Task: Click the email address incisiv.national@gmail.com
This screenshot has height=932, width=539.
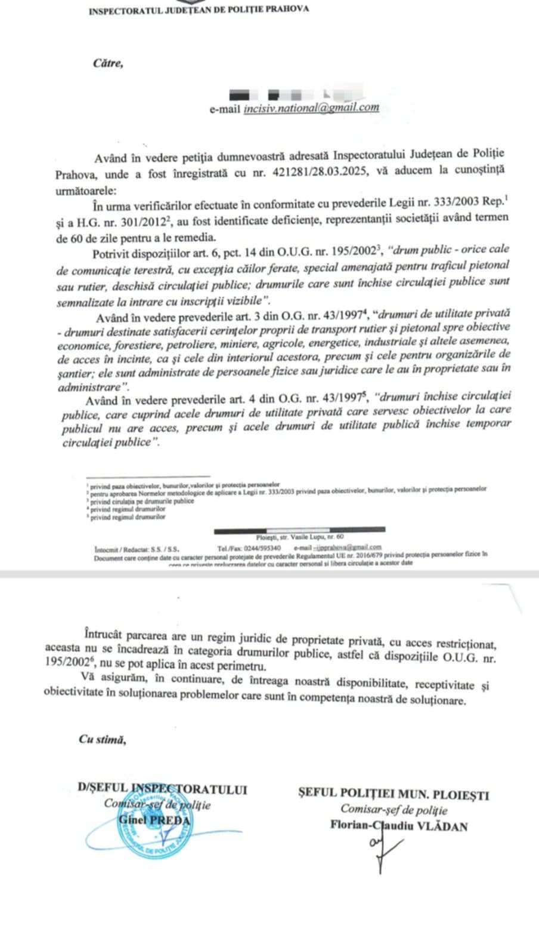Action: pos(311,108)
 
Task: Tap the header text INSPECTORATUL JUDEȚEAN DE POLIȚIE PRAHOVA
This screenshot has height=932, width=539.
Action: pos(199,10)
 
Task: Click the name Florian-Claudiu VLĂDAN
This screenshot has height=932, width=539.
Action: pos(398,826)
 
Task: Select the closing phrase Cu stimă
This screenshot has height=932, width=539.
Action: pos(103,739)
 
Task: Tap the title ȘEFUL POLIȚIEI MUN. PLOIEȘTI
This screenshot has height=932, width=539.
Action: pos(394,795)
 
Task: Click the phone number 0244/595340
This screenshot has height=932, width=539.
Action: pos(261,547)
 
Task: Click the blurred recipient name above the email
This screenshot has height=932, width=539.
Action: pos(286,94)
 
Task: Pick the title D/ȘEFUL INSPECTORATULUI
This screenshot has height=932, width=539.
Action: pos(162,789)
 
